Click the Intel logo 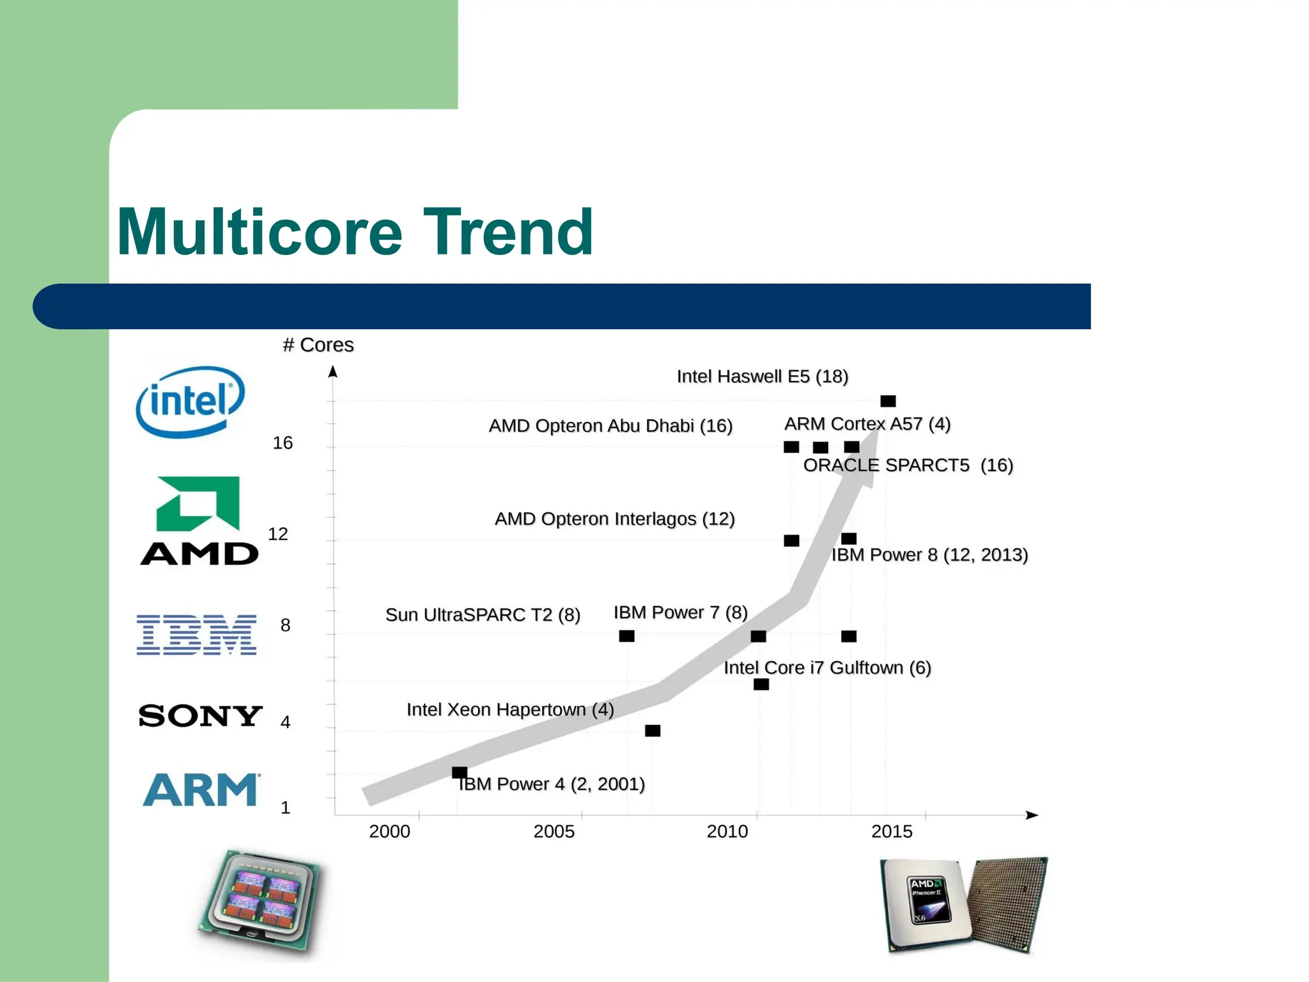pos(190,401)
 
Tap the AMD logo pos(199,521)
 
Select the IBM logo pos(196,635)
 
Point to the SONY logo pos(200,715)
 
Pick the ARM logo pos(201,790)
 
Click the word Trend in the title pos(508,232)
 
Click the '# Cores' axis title pos(318,345)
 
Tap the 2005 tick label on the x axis pos(554,832)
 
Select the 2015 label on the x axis pos(892,832)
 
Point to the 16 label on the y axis pos(283,443)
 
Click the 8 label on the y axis pos(285,625)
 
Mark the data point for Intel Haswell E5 pos(888,401)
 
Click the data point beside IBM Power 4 pos(460,772)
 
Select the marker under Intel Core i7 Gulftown pos(761,685)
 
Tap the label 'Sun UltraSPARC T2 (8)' pos(483,615)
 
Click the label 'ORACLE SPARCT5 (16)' pos(908,465)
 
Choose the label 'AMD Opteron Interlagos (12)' pos(614,519)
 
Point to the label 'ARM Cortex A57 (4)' pos(867,424)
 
